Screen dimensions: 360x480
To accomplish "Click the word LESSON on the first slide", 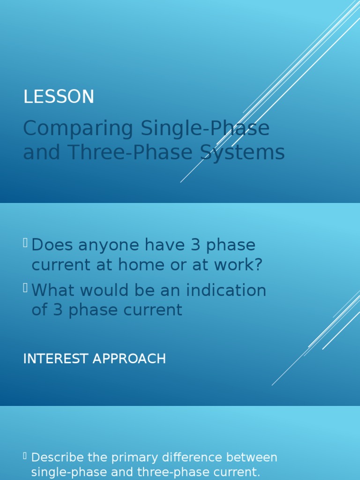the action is click(x=59, y=97).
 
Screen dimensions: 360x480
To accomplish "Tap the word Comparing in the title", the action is click(x=78, y=128).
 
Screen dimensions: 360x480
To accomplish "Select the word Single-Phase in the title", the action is click(x=205, y=128).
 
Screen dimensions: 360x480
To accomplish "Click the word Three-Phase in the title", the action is click(x=130, y=152).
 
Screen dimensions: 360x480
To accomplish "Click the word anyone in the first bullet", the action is click(x=109, y=246).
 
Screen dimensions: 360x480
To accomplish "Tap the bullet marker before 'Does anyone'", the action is click(x=25, y=243).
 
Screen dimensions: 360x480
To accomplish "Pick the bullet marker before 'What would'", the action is click(x=25, y=288).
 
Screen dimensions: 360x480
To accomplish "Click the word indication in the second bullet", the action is click(x=226, y=290).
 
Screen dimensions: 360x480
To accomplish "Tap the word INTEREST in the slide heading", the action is click(x=56, y=359).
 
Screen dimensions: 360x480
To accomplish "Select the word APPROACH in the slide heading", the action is click(x=129, y=359).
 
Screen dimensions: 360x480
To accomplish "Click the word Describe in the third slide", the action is click(x=58, y=457).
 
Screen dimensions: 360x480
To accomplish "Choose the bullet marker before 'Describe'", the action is click(x=25, y=457).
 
